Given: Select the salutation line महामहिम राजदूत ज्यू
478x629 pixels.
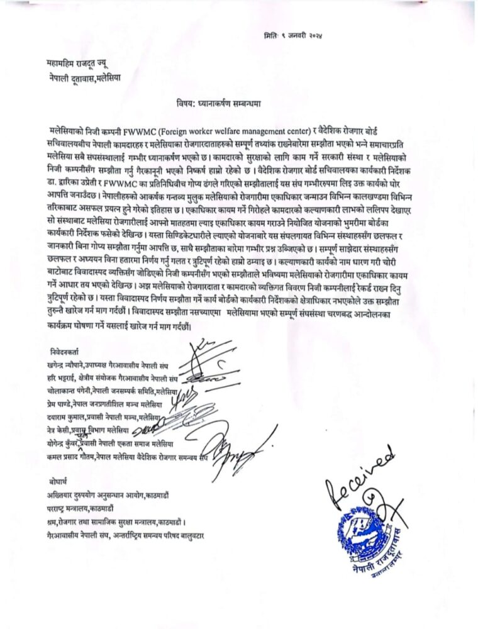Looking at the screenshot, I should pos(82,64).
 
